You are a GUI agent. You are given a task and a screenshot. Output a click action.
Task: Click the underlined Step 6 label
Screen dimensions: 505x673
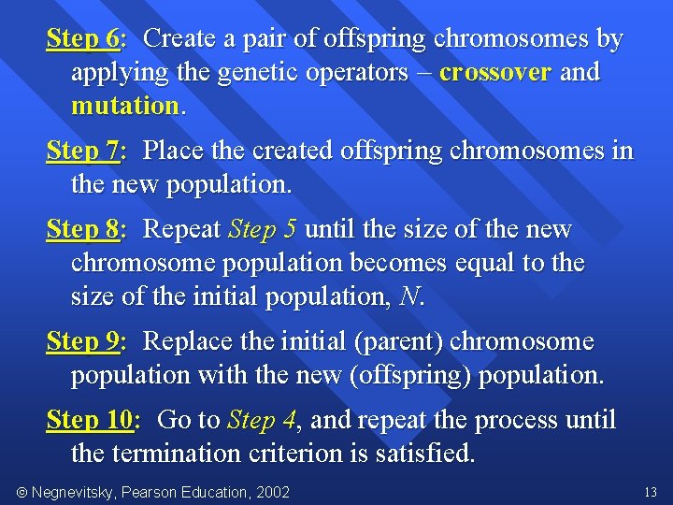pos(82,40)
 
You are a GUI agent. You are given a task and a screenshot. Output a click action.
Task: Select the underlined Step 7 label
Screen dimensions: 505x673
pos(82,151)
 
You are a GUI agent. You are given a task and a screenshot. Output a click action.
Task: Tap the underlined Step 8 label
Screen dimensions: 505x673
pos(82,230)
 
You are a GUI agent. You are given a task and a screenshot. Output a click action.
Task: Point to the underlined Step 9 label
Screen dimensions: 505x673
pos(82,342)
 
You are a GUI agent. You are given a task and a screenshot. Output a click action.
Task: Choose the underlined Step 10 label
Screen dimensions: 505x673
pos(90,421)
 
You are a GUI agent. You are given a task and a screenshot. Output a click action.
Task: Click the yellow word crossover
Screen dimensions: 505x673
pos(495,73)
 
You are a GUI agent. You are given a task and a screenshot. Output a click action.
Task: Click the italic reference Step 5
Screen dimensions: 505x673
pos(262,230)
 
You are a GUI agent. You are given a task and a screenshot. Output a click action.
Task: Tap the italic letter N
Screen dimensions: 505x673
pos(408,297)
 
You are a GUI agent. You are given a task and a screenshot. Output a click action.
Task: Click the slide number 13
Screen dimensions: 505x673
pos(651,492)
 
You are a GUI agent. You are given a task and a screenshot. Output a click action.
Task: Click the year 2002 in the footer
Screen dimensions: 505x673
pos(272,492)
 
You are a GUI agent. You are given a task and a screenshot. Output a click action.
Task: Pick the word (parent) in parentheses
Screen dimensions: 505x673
pos(398,342)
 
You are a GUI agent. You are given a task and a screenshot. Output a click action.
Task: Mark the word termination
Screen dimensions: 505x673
pos(190,454)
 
